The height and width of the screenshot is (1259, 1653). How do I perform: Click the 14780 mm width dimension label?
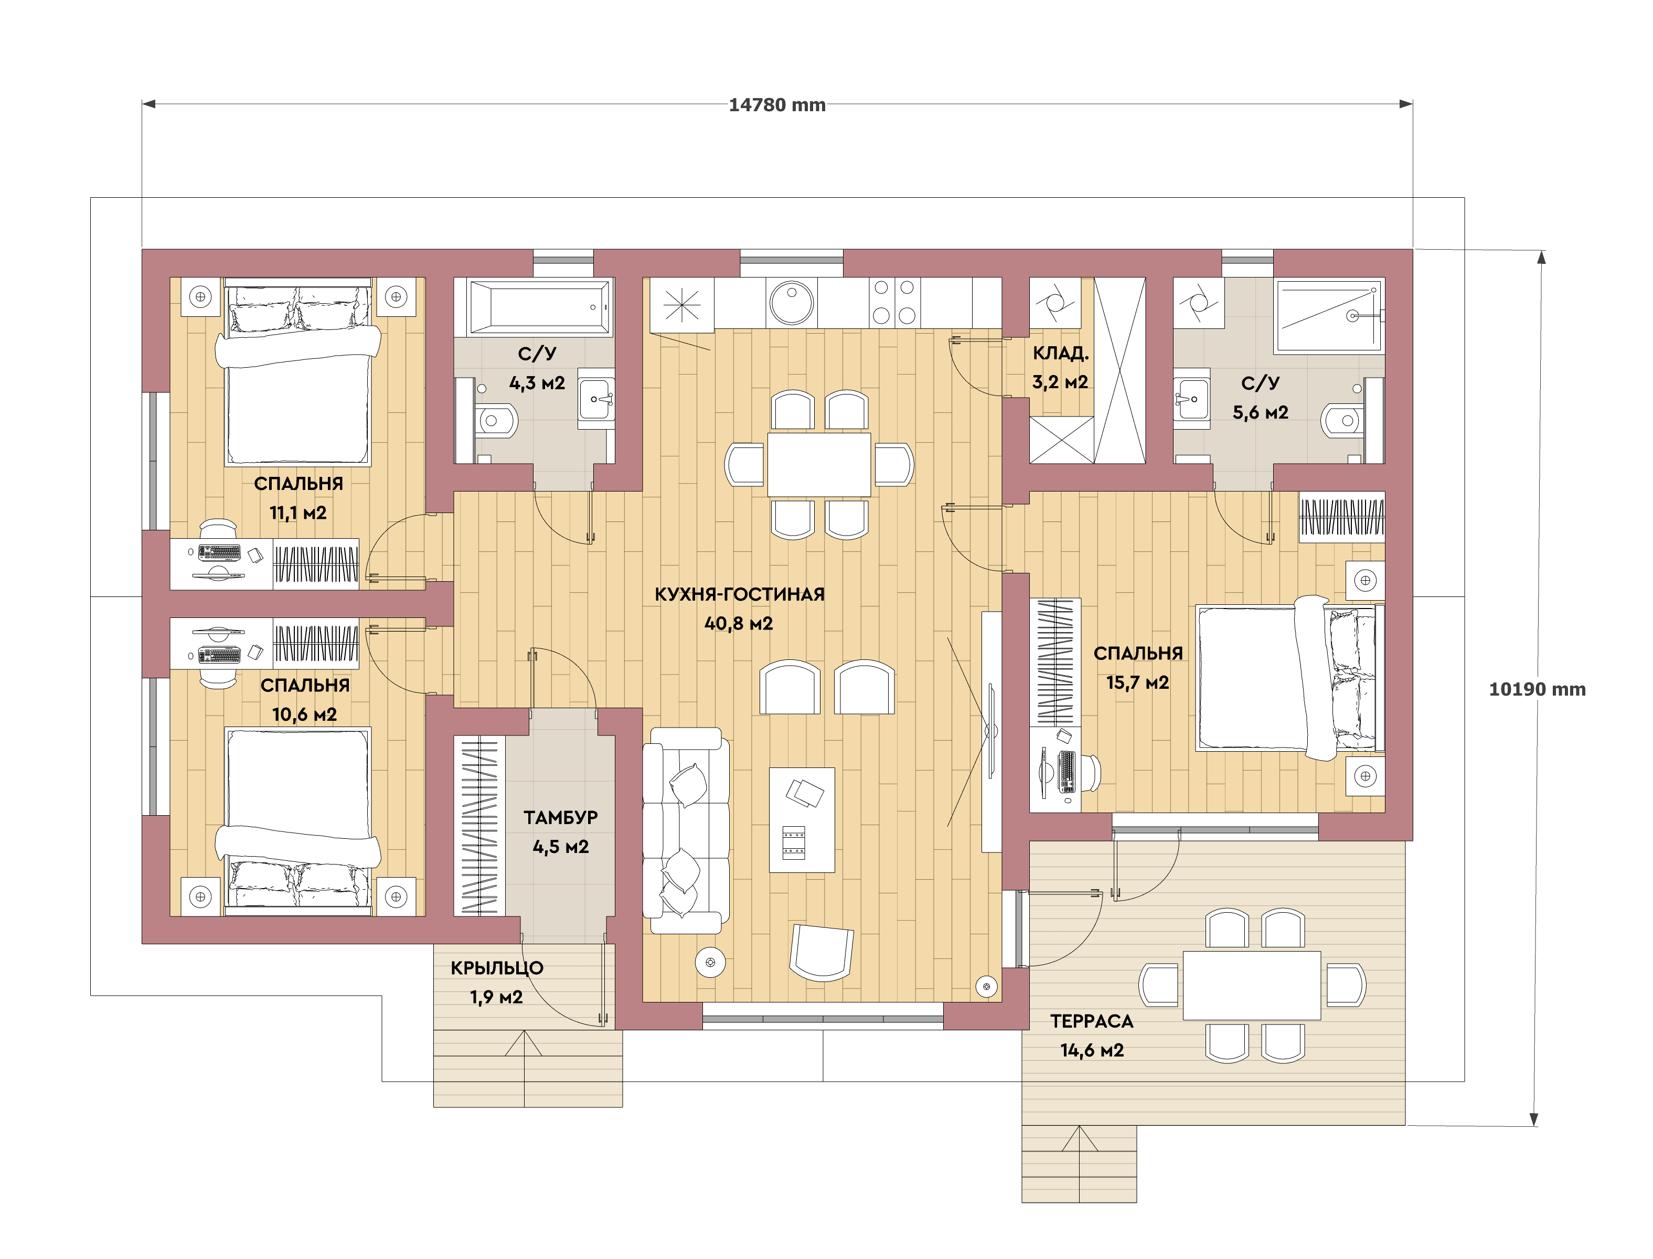pyautogui.click(x=777, y=105)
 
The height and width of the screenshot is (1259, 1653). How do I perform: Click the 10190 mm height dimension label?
pyautogui.click(x=1537, y=689)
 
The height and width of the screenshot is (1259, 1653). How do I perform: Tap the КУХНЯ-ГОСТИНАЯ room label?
pyautogui.click(x=740, y=594)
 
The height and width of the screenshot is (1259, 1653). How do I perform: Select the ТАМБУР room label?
pyautogui.click(x=560, y=818)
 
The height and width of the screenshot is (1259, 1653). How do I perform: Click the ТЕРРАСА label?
pyautogui.click(x=1092, y=1021)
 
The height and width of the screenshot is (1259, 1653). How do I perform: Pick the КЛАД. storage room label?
pyautogui.click(x=1060, y=353)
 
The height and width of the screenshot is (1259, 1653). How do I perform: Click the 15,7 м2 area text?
pyautogui.click(x=1137, y=682)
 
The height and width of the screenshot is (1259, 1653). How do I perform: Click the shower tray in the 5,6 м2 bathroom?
pyautogui.click(x=1329, y=315)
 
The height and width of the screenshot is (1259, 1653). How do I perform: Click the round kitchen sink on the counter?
pyautogui.click(x=791, y=303)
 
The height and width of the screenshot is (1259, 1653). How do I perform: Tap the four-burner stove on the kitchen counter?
pyautogui.click(x=894, y=302)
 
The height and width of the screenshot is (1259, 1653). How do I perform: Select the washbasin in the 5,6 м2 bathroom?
pyautogui.click(x=1191, y=399)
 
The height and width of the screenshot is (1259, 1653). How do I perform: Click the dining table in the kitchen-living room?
pyautogui.click(x=819, y=465)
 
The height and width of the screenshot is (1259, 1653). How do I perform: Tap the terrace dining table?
pyautogui.click(x=1251, y=986)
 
